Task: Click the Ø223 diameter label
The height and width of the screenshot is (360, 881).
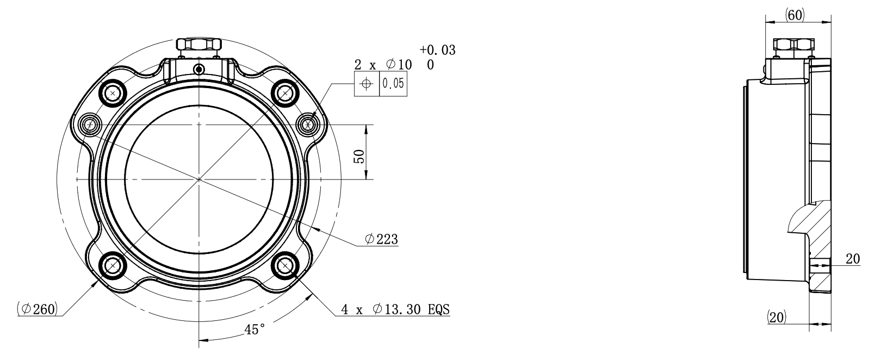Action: tap(381, 239)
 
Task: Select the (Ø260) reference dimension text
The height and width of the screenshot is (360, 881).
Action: tap(38, 309)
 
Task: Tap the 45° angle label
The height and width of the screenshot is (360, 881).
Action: tap(255, 330)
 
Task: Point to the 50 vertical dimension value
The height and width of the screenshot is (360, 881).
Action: tap(359, 156)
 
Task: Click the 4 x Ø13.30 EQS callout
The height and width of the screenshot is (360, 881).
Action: tap(395, 309)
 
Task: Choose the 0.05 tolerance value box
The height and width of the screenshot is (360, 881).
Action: tap(393, 83)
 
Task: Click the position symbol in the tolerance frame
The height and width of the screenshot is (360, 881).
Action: tap(367, 83)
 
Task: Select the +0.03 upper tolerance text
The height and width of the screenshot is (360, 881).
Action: tap(437, 50)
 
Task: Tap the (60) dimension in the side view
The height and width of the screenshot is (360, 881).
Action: tap(795, 15)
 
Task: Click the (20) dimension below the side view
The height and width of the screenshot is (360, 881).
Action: tap(777, 316)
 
